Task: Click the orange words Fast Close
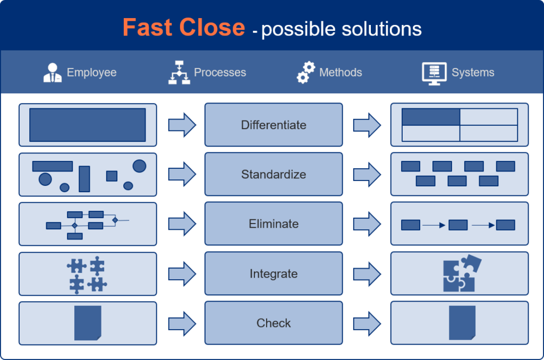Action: (x=184, y=28)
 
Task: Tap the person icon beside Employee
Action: (x=53, y=73)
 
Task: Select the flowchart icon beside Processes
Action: (x=179, y=73)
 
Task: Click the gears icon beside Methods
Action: (x=306, y=73)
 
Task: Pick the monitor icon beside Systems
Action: (x=434, y=73)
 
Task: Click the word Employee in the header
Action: (x=91, y=73)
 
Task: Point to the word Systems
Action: (x=473, y=73)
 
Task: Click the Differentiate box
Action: (x=274, y=125)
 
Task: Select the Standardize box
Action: (x=274, y=174)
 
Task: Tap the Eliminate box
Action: (x=274, y=224)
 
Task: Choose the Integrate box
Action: (x=274, y=273)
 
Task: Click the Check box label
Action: (x=274, y=323)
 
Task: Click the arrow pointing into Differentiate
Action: (x=182, y=125)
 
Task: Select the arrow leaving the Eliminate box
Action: (x=367, y=224)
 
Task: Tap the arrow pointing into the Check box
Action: (x=182, y=323)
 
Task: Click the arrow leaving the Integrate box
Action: (x=367, y=274)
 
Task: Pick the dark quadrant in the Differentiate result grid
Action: (x=431, y=117)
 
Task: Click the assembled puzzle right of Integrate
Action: (x=462, y=273)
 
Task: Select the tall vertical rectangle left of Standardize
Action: (x=84, y=179)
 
